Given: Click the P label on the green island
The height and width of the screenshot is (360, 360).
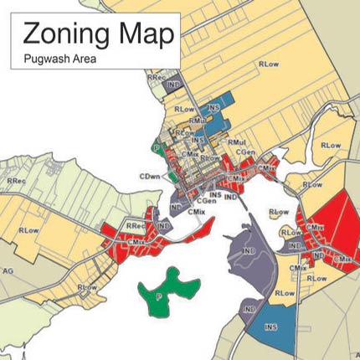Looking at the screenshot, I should [157, 296].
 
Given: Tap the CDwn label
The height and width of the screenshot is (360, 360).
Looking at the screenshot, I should [151, 177].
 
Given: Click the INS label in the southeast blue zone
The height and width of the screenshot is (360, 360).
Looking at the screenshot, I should [270, 326].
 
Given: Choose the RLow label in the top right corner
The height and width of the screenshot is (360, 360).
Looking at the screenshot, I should [269, 63].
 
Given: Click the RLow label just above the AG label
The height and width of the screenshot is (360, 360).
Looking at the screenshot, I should [28, 229].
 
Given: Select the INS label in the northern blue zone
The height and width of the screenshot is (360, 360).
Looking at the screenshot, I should [214, 108].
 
